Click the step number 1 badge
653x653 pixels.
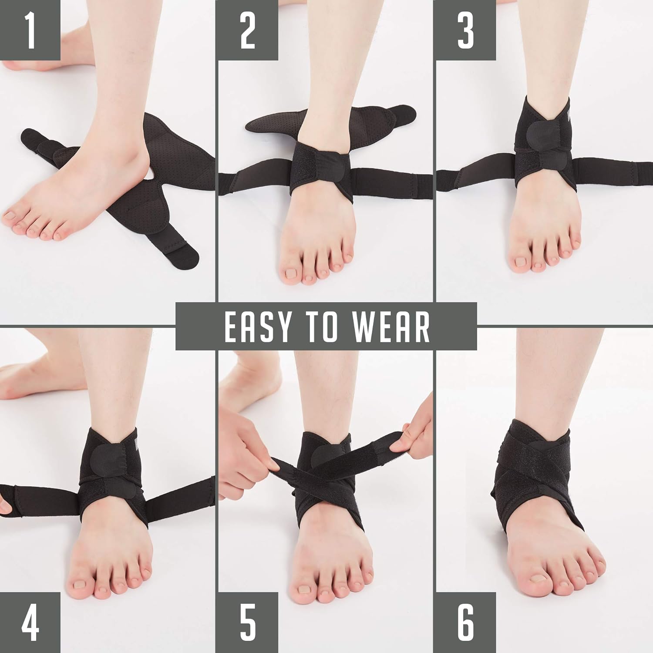30,30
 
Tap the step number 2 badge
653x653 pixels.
247,30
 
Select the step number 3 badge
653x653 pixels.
465,30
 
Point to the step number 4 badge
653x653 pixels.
30,623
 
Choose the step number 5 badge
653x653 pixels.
247,623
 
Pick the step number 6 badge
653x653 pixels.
465,623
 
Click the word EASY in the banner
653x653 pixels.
256,326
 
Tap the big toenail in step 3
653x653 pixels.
521,262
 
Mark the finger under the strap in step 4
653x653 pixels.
4,505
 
